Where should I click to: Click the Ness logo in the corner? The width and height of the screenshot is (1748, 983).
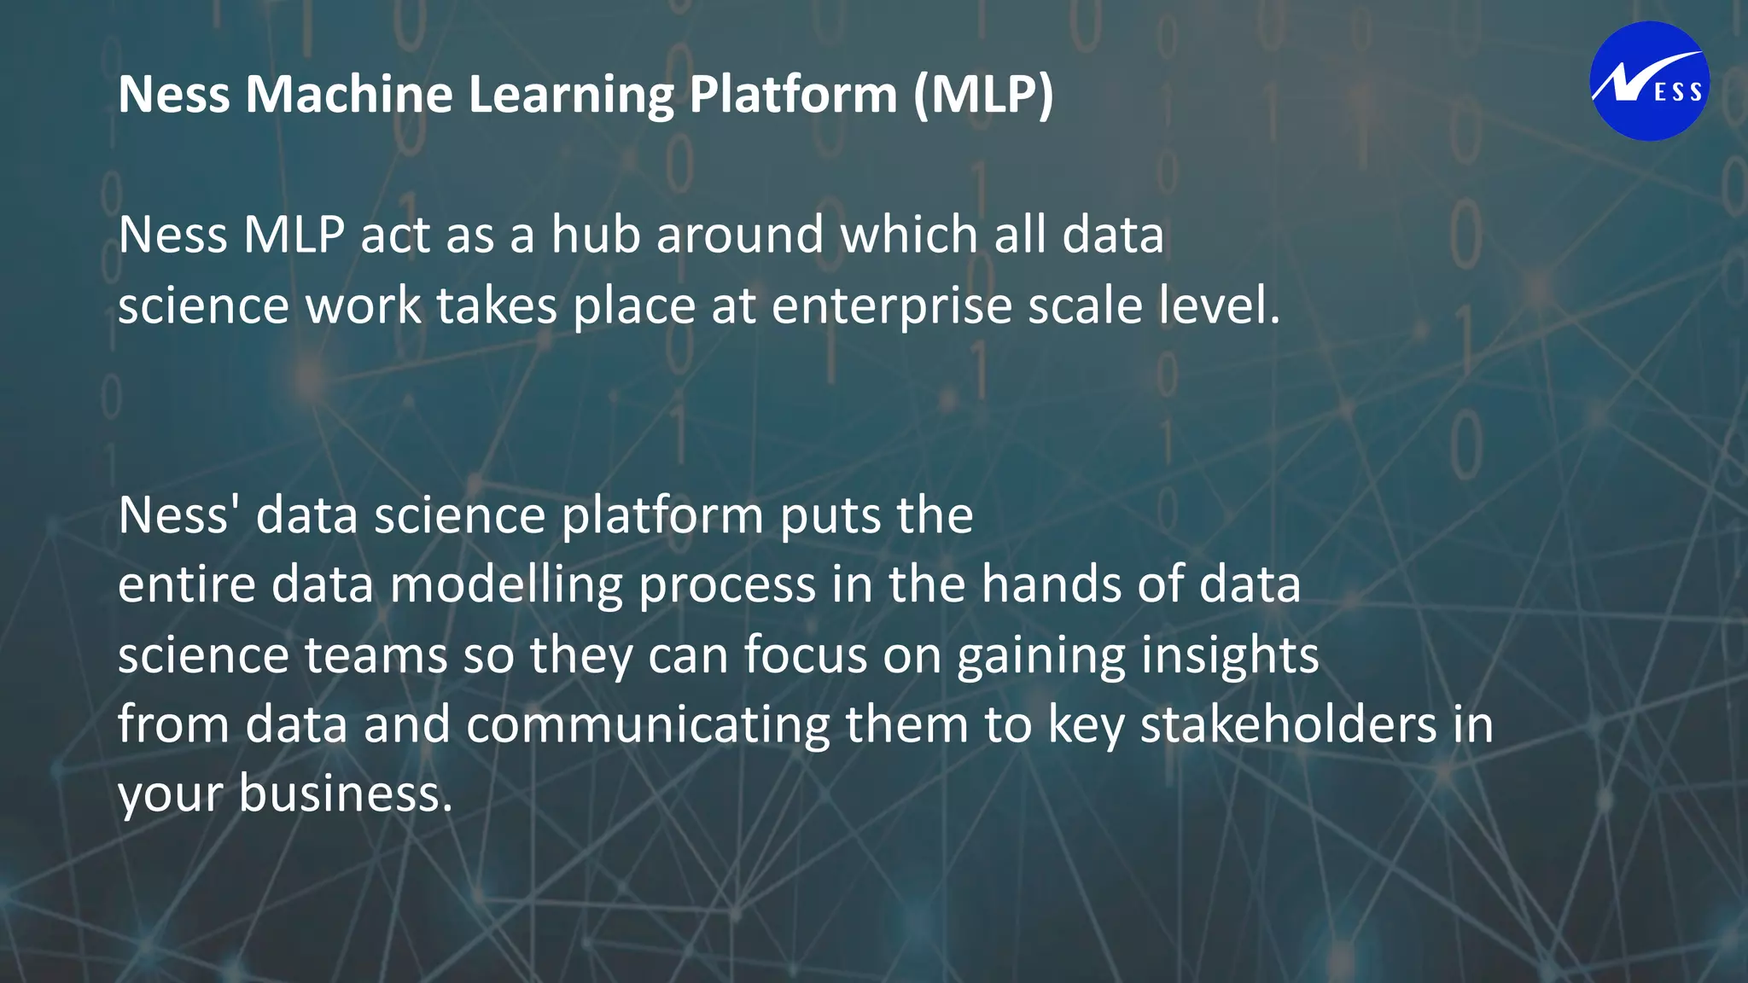tap(1649, 81)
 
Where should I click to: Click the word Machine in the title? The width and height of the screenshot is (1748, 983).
tap(349, 94)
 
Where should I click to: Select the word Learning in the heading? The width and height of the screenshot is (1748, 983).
tap(571, 94)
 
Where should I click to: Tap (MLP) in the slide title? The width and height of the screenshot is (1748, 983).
tap(983, 94)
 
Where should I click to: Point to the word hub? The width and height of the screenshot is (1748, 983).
tap(595, 235)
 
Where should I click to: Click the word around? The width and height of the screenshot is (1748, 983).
tap(740, 235)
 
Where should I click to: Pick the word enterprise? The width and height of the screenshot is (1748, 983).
tap(891, 305)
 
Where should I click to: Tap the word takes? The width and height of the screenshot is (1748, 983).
tap(497, 305)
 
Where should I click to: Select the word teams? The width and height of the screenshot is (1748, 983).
tap(376, 655)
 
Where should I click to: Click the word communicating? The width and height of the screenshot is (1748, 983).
tap(648, 725)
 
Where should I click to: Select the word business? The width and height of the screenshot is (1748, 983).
tap(345, 794)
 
